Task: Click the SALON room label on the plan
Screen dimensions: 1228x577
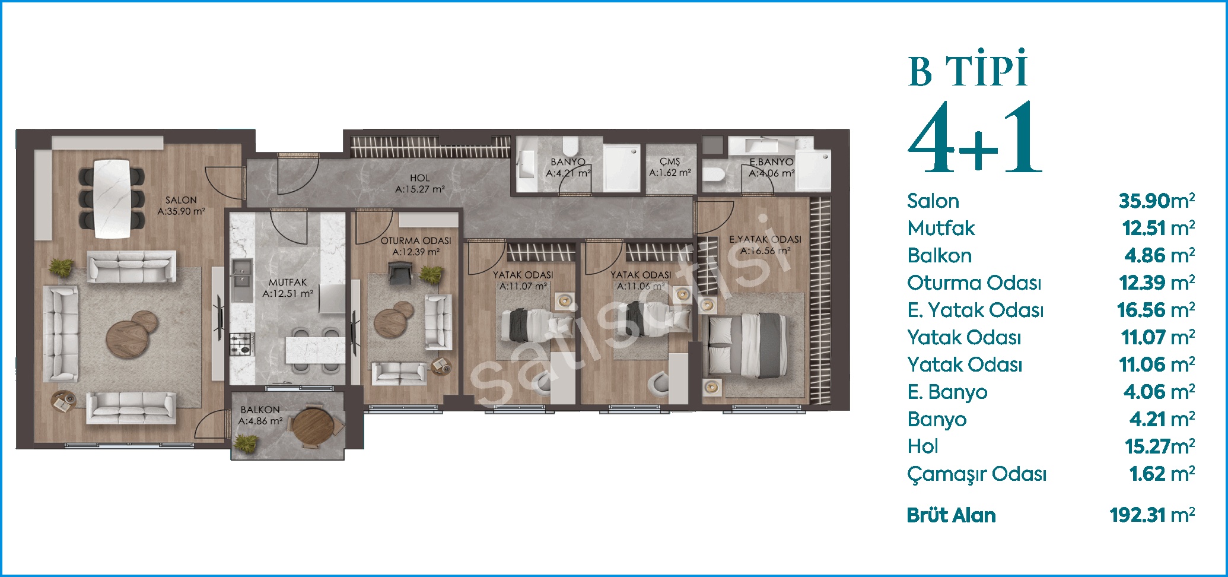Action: point(181,200)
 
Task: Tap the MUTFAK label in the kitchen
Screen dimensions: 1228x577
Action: point(288,283)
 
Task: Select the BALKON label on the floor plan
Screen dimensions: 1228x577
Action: point(260,410)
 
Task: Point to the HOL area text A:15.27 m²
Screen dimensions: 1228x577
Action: point(420,190)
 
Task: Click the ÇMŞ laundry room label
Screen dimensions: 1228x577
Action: point(670,161)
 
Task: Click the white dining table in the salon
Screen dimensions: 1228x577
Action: point(112,198)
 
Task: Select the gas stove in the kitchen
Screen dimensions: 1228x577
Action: point(241,344)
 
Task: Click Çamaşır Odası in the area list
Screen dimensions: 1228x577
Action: point(976,474)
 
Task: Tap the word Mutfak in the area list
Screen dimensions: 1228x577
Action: point(941,228)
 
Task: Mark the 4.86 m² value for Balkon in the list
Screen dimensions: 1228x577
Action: point(1160,255)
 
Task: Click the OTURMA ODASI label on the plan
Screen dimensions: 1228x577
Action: point(416,241)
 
